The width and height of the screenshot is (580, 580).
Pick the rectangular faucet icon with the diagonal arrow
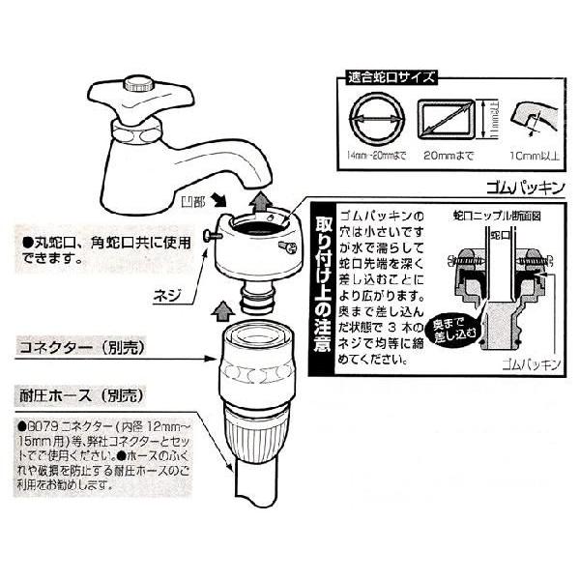pos(444,120)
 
